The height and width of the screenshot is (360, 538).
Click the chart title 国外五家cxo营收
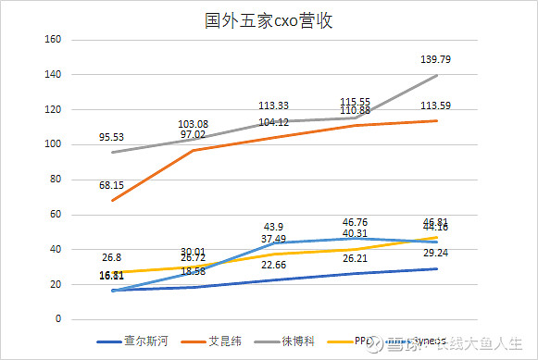tap(268, 20)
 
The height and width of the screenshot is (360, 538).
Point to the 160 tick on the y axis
tap(52, 40)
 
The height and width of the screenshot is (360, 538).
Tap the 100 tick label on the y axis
tap(52, 144)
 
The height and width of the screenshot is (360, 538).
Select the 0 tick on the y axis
tap(57, 319)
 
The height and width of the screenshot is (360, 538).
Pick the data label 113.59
tap(437, 105)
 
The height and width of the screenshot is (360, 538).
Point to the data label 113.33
tap(274, 106)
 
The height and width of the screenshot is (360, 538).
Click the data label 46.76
tap(356, 223)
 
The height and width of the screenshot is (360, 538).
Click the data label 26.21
tap(356, 258)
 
